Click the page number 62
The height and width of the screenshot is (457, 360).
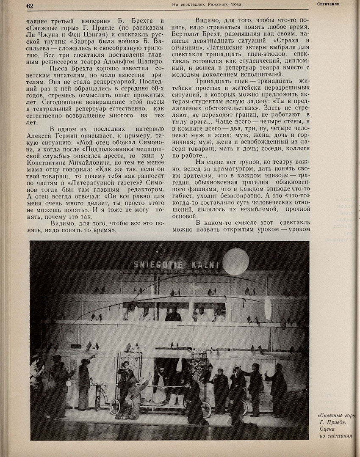point(30,6)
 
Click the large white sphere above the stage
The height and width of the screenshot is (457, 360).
point(235,261)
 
